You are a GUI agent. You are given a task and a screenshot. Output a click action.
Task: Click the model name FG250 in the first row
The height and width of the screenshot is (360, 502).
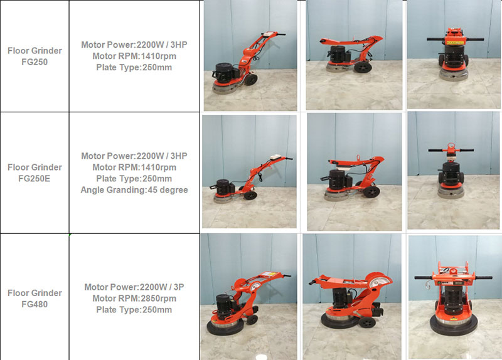pyautogui.click(x=35, y=63)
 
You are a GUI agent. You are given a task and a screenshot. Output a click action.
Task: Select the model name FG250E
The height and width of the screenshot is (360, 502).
pyautogui.click(x=35, y=177)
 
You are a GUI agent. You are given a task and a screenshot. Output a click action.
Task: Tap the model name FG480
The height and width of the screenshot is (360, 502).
pyautogui.click(x=35, y=304)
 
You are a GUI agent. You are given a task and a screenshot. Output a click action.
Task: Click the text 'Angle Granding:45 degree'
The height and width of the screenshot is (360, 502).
pyautogui.click(x=134, y=190)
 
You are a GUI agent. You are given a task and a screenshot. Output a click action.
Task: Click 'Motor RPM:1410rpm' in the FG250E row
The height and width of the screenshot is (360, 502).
pyautogui.click(x=134, y=167)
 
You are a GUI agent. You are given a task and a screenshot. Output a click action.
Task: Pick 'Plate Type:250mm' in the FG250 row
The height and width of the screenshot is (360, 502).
pyautogui.click(x=134, y=68)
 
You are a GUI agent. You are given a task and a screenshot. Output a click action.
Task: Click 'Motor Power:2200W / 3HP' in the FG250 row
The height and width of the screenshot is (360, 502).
pyautogui.click(x=134, y=45)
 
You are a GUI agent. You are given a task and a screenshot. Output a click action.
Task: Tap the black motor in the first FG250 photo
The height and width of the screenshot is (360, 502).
pyautogui.click(x=225, y=70)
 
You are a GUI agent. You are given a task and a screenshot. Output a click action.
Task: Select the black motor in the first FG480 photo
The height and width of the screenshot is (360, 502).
pyautogui.click(x=223, y=306)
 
